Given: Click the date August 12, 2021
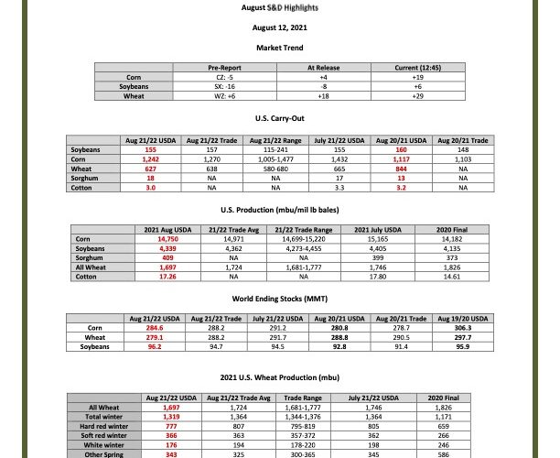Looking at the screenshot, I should (279, 27).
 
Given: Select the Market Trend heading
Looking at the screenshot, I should (279, 47).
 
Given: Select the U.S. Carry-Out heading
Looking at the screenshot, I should (279, 119).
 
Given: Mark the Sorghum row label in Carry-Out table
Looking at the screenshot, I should (85, 177).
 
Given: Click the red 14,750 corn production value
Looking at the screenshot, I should (167, 237).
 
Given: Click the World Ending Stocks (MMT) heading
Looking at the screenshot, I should (279, 297).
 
